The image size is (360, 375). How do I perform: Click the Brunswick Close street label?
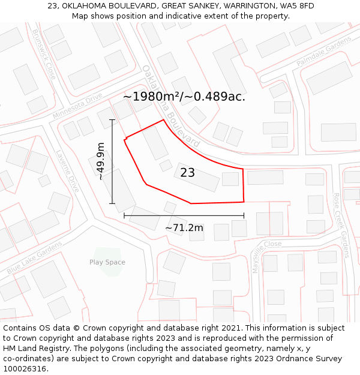[x=44, y=55]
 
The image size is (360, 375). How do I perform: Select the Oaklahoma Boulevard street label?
[x=171, y=106]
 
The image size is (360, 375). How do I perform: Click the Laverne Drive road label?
[x=68, y=170]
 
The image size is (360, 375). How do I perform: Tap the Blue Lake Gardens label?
[x=34, y=258]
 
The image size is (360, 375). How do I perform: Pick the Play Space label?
[x=107, y=262]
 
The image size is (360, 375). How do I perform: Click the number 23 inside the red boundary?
[x=187, y=173]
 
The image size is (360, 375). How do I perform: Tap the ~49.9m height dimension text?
[x=101, y=161]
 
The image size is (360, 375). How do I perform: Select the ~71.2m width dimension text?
[x=184, y=227]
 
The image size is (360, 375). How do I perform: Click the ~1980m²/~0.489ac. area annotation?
[x=184, y=97]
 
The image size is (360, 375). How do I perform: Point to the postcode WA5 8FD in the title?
[x=297, y=6]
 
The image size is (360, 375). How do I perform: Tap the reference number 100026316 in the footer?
[x=25, y=369]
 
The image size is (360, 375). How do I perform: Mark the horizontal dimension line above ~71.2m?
[x=184, y=215]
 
